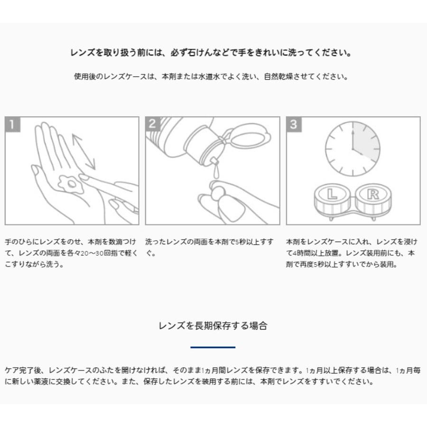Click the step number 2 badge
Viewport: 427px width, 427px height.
coord(153,124)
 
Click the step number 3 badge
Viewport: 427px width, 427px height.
coord(294,124)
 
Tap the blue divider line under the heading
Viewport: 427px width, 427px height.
coord(213,347)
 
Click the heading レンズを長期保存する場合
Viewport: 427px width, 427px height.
coord(213,325)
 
